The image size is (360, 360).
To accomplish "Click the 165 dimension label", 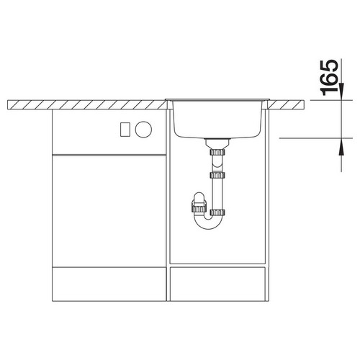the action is point(329,77).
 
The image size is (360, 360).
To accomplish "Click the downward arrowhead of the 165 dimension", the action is point(341,91).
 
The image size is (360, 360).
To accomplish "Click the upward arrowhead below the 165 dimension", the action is point(341,147).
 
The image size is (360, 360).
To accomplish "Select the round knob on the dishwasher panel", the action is point(143,130).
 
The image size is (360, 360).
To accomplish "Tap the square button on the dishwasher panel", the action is point(125,130).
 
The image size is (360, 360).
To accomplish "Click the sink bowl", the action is point(218,119).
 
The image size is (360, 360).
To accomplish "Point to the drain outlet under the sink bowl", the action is point(217,143).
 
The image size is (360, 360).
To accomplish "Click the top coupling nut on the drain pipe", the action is point(217,152).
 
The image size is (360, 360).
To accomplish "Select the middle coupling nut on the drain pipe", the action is point(217,175).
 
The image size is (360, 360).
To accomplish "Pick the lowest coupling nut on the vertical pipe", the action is point(217,212).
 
